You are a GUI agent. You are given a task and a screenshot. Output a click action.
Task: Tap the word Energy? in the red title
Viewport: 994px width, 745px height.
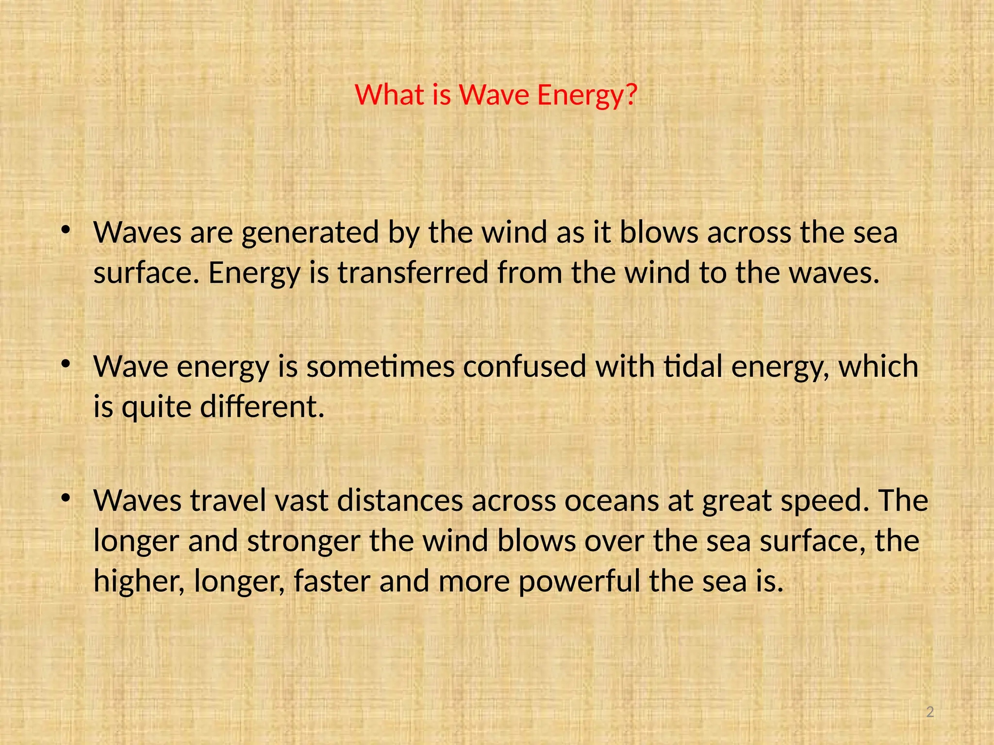click(x=587, y=96)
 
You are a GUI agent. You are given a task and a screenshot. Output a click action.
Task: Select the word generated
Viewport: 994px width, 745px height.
click(x=310, y=233)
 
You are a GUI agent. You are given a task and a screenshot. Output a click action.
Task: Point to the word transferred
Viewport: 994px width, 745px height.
click(x=413, y=273)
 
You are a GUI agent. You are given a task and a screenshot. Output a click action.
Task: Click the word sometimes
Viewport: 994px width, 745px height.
click(x=381, y=367)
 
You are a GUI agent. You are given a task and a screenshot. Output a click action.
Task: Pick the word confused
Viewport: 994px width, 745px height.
click(x=525, y=367)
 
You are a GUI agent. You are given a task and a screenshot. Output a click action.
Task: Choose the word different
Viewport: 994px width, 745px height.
click(x=262, y=406)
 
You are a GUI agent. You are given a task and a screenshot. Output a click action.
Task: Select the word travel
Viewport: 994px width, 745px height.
click(x=228, y=501)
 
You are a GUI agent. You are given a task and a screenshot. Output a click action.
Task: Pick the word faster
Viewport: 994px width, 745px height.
click(x=332, y=581)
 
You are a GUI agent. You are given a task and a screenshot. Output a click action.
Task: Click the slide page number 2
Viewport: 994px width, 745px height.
click(x=930, y=712)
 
